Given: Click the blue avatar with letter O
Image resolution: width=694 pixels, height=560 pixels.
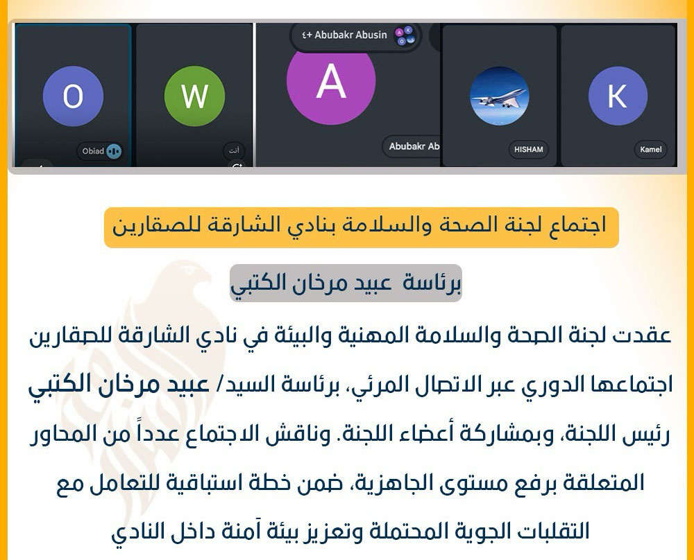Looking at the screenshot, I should [73, 96].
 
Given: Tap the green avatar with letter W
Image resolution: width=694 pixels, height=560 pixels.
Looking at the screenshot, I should [194, 96].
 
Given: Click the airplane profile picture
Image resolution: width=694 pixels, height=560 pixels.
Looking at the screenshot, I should [499, 96].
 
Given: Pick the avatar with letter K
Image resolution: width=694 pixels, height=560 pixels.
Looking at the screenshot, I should [618, 96].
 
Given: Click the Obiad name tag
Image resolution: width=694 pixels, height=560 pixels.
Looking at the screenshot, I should [94, 151].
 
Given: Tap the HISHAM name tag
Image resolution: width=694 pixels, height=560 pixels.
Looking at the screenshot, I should [528, 149].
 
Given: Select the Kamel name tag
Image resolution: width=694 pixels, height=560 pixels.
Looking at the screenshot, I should [650, 149].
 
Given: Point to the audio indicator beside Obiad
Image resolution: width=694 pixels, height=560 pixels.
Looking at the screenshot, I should [113, 151].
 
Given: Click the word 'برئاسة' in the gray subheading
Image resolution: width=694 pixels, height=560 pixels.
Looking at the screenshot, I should [434, 282].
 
